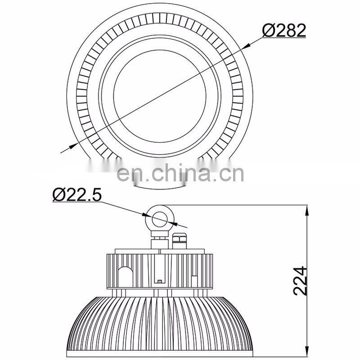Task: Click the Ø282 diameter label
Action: (284, 30)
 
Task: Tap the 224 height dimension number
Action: (300, 280)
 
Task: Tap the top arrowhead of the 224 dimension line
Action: (307, 208)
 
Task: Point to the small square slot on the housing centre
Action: (161, 282)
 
